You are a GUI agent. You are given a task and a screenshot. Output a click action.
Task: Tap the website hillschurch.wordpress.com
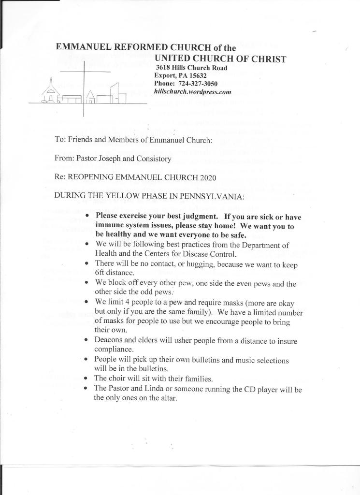pos(192,91)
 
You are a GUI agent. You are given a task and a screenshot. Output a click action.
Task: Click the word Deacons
pos(109,341)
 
